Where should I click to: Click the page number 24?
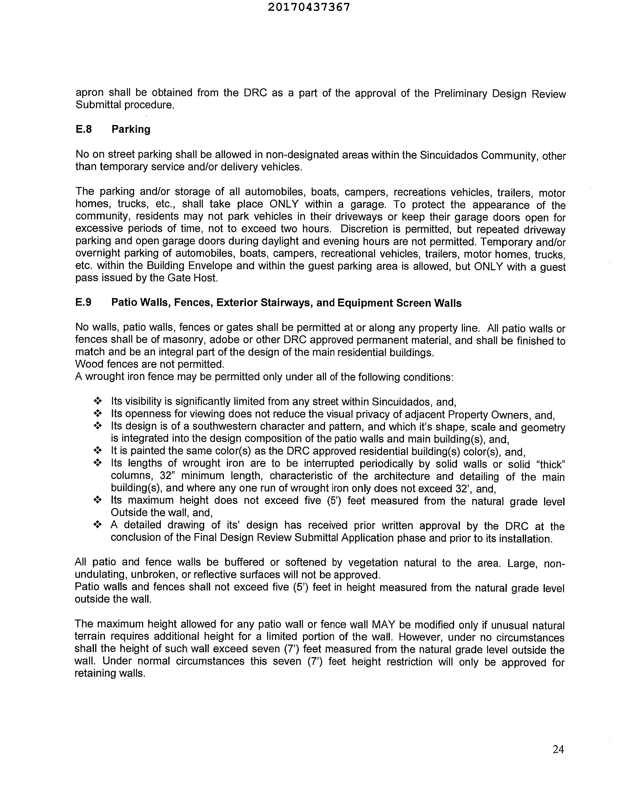[558, 749]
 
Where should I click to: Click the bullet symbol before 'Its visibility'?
[98, 401]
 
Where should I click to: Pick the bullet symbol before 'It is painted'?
[98, 451]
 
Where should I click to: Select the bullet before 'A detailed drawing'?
[98, 525]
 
